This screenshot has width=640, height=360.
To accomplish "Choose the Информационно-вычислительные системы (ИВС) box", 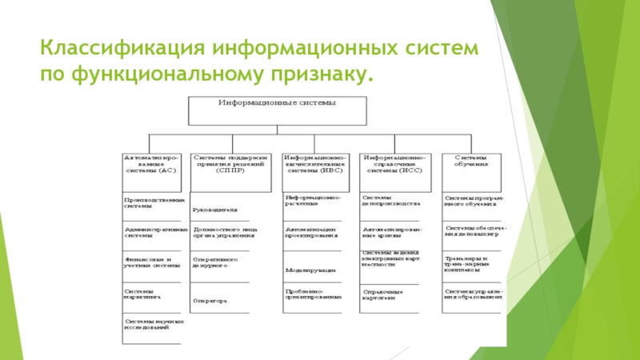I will point(312,165).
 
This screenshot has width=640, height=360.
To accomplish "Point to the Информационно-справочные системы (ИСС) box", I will point(392,165).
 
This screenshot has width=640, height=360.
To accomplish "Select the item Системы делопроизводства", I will point(389,201).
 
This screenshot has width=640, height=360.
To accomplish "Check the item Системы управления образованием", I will point(473,294).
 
